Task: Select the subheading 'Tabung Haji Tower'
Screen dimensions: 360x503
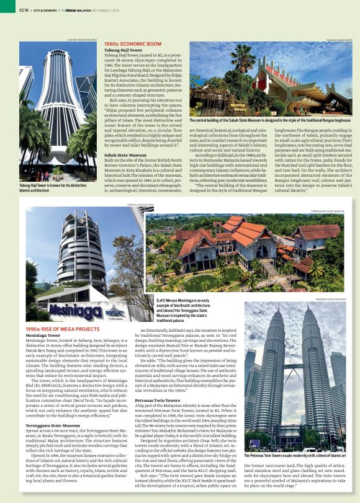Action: [x=120, y=50]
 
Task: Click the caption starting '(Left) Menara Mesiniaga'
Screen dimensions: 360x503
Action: [x=163, y=308]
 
